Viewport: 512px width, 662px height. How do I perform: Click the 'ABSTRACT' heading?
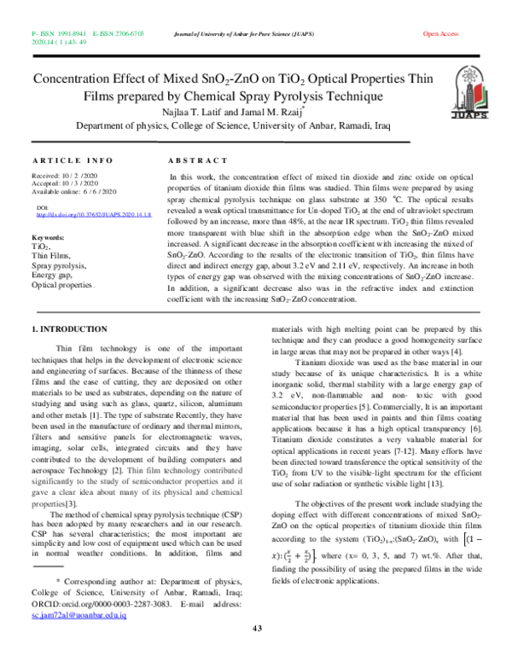[x=197, y=160]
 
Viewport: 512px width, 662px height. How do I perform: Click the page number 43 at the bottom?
[x=256, y=629]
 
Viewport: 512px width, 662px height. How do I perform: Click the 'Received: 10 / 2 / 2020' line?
[x=67, y=175]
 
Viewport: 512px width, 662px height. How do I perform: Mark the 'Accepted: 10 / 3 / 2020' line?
[x=67, y=183]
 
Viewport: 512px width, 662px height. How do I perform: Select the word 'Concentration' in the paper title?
[x=73, y=78]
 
